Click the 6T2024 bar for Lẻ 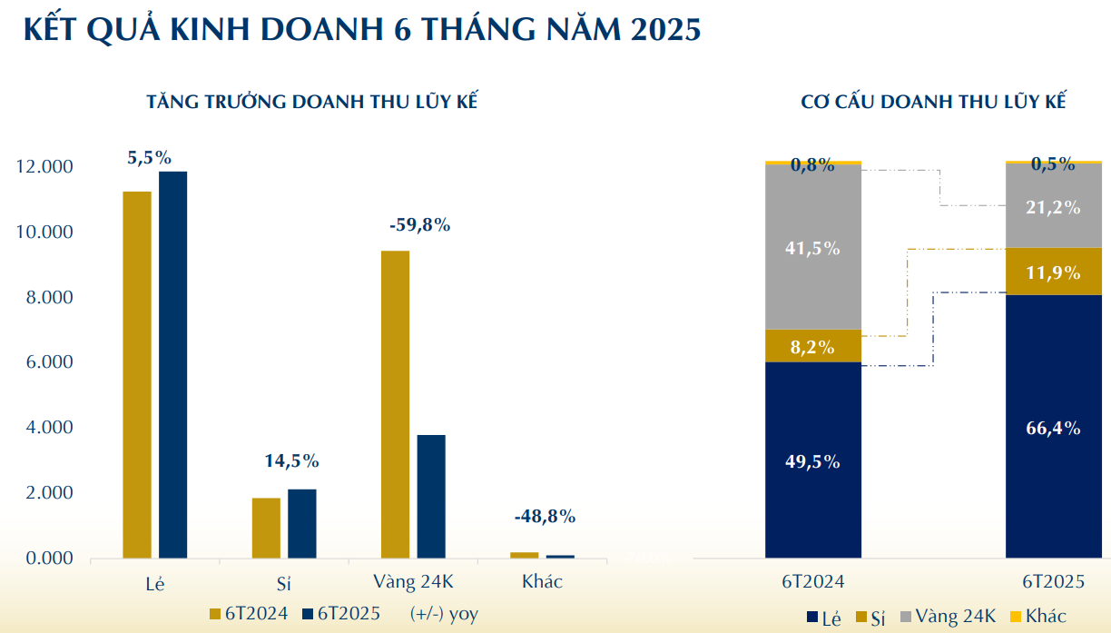[x=137, y=374]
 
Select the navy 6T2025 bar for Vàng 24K [x=431, y=496]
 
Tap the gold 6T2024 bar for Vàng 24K [x=395, y=404]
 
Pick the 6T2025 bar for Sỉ [x=302, y=523]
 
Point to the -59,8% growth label [x=419, y=224]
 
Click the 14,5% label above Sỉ [x=291, y=460]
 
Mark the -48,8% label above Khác [x=545, y=517]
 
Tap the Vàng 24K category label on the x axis [x=412, y=581]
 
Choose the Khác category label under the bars [x=542, y=581]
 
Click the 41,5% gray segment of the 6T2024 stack [x=812, y=247]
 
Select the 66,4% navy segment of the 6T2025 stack [x=1053, y=427]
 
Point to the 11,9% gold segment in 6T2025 [x=1053, y=272]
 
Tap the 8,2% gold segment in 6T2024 [x=812, y=346]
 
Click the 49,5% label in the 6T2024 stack [x=812, y=461]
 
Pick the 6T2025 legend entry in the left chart [x=341, y=613]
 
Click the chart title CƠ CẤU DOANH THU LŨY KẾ [x=932, y=101]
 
